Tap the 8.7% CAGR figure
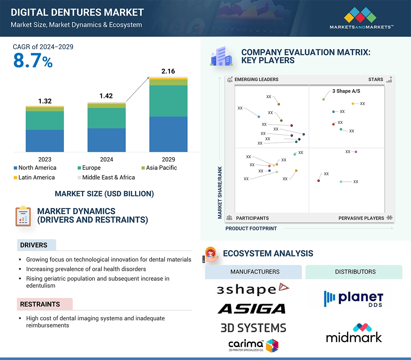[33, 60]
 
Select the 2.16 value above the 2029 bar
[168, 71]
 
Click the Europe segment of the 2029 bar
[168, 101]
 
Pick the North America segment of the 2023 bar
[45, 141]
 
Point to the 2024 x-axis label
[106, 159]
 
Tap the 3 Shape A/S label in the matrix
[346, 91]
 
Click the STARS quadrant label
[376, 79]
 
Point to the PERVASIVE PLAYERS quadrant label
[361, 218]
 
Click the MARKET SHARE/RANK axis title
[220, 193]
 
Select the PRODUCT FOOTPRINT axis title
[251, 228]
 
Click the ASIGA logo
[251, 309]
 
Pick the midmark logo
[354, 333]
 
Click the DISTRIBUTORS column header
[355, 272]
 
